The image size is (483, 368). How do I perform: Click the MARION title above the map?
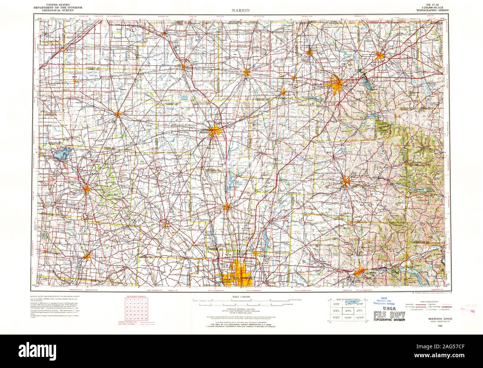pyautogui.click(x=241, y=10)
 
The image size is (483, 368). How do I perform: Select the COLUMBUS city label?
pyautogui.click(x=243, y=278)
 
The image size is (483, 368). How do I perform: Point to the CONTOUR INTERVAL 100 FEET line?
pyautogui.click(x=241, y=309)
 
